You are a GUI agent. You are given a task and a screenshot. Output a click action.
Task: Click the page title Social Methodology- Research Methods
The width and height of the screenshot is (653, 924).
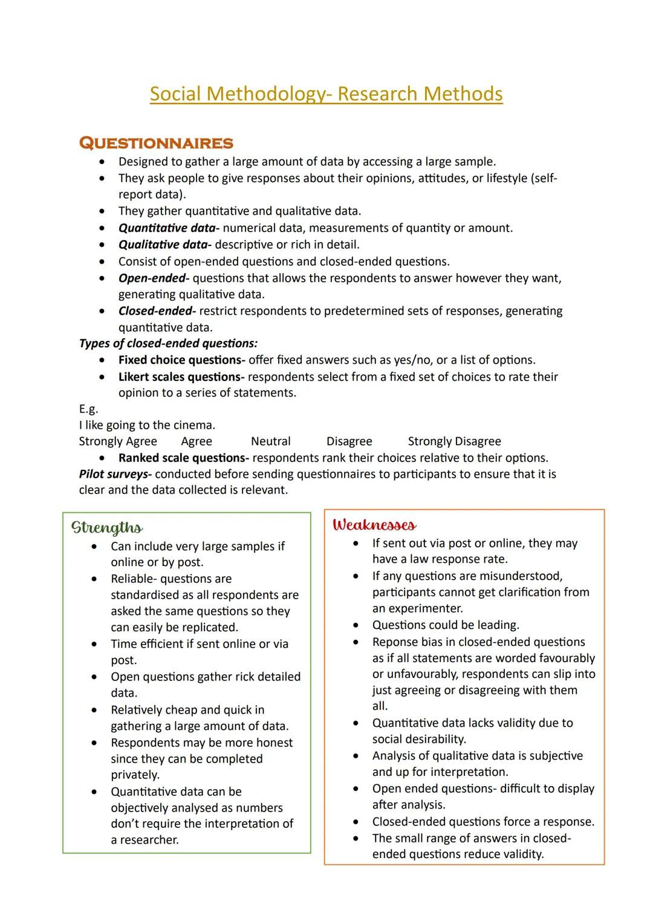tap(326, 94)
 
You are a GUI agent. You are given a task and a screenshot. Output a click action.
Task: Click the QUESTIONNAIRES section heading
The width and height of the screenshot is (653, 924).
tap(156, 143)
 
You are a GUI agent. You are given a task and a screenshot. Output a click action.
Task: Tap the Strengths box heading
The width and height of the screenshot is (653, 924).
tap(107, 527)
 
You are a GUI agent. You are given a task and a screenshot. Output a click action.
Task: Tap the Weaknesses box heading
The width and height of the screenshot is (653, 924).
tap(374, 524)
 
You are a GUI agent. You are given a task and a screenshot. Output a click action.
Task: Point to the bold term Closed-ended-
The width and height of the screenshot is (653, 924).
tap(157, 311)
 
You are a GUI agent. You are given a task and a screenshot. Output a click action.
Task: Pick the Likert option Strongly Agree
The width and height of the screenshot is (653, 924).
tap(118, 441)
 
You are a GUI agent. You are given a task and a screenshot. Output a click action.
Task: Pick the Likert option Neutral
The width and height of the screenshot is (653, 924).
tap(270, 441)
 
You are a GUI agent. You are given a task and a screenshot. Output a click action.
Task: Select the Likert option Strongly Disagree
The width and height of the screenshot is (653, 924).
tap(454, 441)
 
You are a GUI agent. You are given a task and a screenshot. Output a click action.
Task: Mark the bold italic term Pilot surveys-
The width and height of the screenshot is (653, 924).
tap(115, 474)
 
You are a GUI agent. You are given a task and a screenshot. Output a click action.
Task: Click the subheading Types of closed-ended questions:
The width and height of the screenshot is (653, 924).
tap(168, 343)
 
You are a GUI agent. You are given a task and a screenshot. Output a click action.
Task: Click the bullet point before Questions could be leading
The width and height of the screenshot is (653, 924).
tap(356, 625)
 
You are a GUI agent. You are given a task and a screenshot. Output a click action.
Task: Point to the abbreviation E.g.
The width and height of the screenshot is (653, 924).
tap(88, 409)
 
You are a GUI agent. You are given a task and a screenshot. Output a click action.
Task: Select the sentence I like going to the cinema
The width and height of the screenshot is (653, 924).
tap(147, 425)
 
